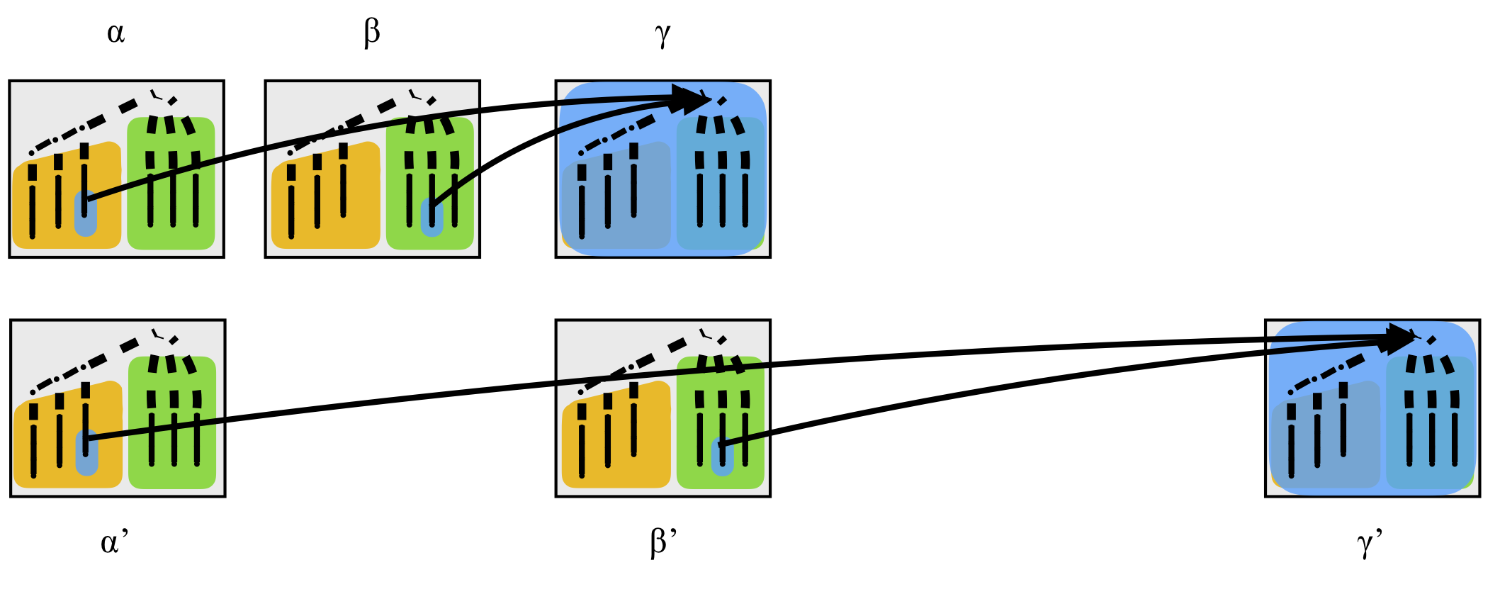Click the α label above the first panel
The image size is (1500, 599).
point(116,33)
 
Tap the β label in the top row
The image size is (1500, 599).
point(372,33)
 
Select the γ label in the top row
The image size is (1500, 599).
point(662,33)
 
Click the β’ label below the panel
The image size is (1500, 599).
point(664,542)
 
